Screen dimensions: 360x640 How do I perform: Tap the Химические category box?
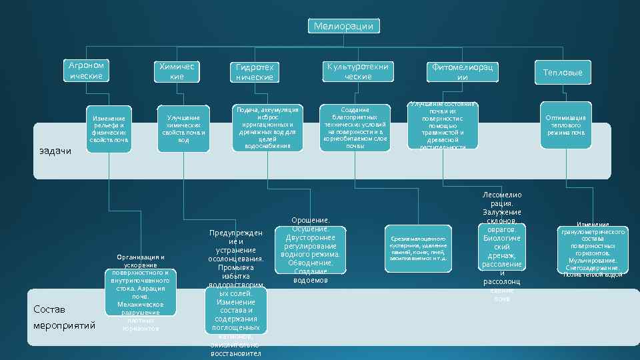click(x=177, y=72)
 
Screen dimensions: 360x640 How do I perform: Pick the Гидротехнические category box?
click(x=255, y=72)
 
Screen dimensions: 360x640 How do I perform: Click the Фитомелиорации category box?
click(x=462, y=72)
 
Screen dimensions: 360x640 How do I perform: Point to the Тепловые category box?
click(x=562, y=72)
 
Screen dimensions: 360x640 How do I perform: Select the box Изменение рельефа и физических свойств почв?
click(x=109, y=129)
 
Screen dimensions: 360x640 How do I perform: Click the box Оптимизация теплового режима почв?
click(x=565, y=125)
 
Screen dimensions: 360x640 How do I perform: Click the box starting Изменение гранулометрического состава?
click(x=592, y=250)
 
